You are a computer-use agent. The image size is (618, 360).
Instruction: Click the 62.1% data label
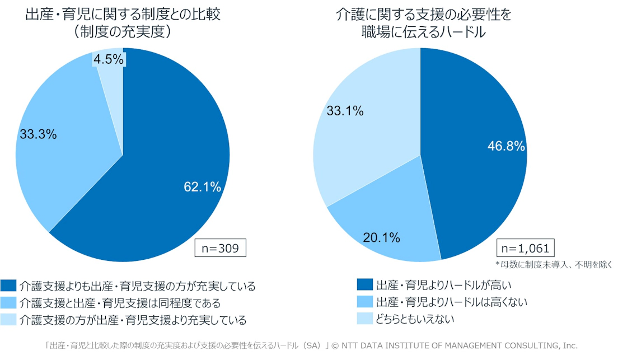(x=203, y=187)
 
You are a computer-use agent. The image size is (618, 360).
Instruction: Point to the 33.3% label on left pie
(x=38, y=134)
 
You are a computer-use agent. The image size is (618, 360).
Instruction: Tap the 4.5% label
(x=109, y=59)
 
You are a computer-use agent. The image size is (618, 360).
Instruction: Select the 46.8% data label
(x=506, y=147)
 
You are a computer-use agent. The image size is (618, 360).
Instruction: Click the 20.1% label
(x=381, y=237)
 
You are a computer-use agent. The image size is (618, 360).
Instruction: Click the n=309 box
(x=221, y=247)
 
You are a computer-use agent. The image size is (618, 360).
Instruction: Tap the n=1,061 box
(x=524, y=248)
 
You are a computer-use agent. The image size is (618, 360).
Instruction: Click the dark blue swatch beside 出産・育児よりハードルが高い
(x=364, y=284)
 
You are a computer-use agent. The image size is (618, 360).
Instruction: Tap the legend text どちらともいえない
(x=415, y=320)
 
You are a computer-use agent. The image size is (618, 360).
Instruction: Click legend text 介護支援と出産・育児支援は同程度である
(x=120, y=303)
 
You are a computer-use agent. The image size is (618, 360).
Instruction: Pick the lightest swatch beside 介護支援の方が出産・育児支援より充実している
(x=8, y=320)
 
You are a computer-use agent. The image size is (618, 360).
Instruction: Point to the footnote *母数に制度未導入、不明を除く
(x=554, y=264)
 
